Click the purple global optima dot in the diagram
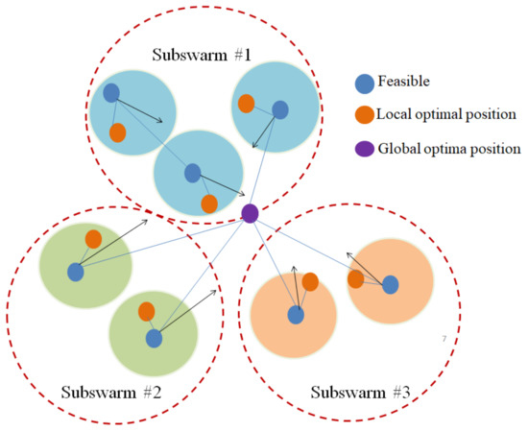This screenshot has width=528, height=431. tap(250, 213)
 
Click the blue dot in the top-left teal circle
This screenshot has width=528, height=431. tap(111, 93)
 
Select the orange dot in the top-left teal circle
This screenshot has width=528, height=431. tap(117, 132)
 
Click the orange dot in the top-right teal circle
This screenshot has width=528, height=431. tap(246, 103)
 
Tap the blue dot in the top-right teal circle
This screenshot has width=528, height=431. tap(279, 110)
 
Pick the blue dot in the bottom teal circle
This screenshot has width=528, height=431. tap(192, 173)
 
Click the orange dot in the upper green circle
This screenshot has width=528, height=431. tap(93, 238)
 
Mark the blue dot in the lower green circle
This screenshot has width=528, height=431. tap(154, 338)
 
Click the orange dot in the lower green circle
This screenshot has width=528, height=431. tap(147, 311)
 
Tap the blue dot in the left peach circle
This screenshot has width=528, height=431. tap(296, 314)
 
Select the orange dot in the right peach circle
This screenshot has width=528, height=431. tap(355, 278)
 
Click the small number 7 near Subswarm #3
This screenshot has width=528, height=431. tap(444, 340)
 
